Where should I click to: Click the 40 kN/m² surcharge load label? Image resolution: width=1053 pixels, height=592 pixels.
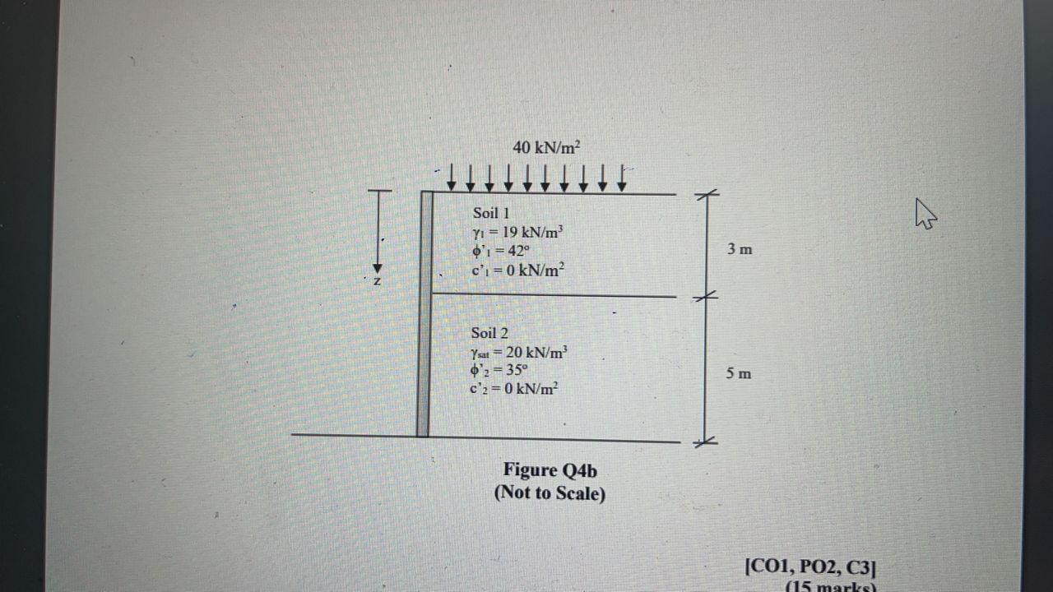[x=546, y=148]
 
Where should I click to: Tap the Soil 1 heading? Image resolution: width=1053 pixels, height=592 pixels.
[x=491, y=213]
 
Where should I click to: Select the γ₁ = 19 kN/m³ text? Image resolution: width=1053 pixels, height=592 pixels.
[x=517, y=232]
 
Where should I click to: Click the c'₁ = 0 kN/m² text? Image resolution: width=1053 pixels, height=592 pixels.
[x=517, y=270]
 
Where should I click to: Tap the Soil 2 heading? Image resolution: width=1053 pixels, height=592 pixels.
[x=489, y=333]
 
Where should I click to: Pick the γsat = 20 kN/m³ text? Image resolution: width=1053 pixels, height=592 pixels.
[x=519, y=353]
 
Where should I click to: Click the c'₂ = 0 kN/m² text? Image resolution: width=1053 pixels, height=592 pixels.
[x=514, y=388]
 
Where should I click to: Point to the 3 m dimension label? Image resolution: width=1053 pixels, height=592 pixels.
[x=739, y=249]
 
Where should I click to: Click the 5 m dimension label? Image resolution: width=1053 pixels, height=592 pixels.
[x=738, y=374]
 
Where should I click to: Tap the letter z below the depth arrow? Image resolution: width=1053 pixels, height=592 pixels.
[x=377, y=282]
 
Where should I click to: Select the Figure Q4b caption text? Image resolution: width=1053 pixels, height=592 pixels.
[x=550, y=470]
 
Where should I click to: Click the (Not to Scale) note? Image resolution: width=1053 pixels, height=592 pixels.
[x=550, y=493]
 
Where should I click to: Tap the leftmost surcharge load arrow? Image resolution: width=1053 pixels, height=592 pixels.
[x=451, y=178]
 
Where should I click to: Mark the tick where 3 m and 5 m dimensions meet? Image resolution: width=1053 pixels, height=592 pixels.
[x=705, y=296]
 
